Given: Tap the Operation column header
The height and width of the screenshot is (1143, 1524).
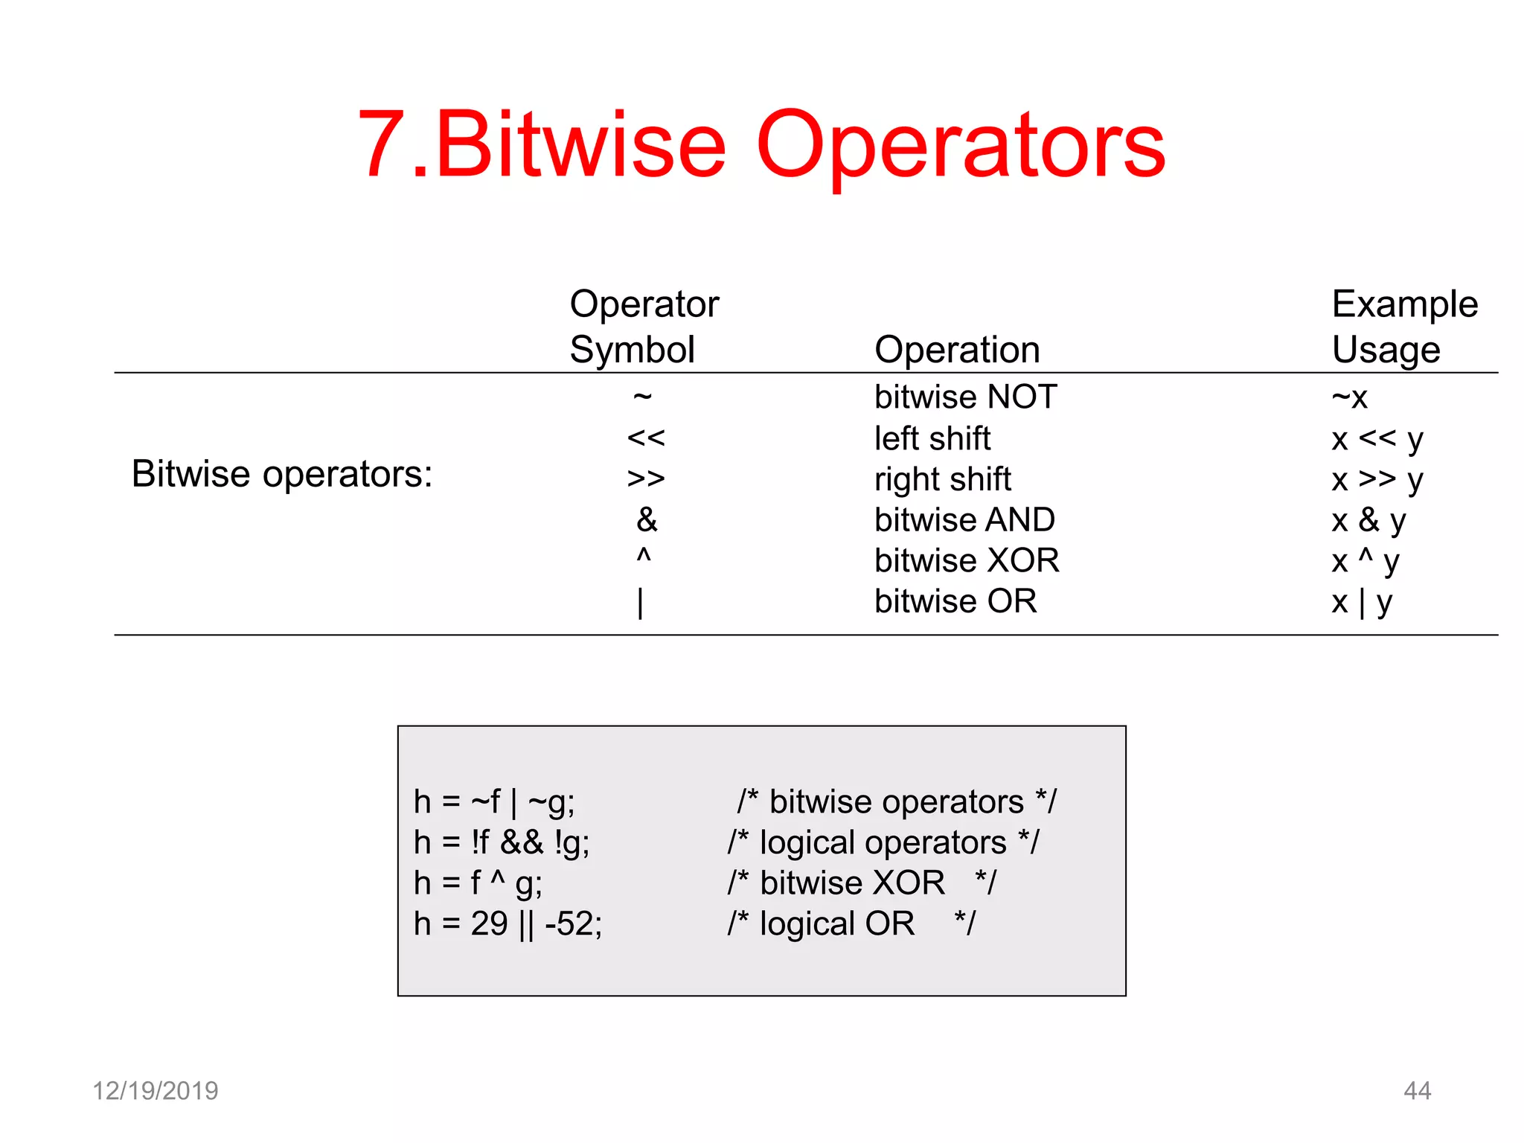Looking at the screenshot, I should point(957,349).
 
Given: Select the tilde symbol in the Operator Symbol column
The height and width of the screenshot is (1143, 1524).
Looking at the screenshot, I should point(643,396).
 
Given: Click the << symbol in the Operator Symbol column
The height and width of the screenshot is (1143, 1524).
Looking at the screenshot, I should point(646,438).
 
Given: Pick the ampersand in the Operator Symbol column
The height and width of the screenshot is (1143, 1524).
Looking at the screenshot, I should point(647,519).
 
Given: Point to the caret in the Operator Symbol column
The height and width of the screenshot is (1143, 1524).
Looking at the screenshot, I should point(644,557).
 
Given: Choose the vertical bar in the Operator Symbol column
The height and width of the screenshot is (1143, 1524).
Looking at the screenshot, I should point(640,602).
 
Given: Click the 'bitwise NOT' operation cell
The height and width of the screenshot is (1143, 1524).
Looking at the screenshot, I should point(965,397).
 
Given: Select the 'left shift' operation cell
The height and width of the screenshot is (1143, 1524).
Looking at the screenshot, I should point(932,438).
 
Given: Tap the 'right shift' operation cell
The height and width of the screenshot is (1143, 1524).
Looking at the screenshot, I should point(943,479).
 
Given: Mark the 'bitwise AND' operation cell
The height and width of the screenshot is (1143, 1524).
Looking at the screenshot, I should point(964,519).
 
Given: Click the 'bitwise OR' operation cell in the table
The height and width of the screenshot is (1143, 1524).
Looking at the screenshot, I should point(955,601).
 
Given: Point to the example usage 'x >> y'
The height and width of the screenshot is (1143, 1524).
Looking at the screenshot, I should point(1377,480).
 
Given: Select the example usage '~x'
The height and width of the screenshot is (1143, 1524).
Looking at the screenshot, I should point(1349,397).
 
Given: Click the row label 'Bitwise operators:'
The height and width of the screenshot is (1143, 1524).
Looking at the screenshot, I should point(282,474).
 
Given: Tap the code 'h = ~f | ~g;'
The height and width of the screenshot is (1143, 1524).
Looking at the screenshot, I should point(494,802).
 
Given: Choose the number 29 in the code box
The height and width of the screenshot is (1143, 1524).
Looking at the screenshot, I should point(489,923).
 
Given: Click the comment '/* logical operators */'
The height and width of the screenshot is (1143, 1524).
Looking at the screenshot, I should point(883,842).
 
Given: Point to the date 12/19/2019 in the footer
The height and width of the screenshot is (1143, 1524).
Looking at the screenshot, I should point(155,1091).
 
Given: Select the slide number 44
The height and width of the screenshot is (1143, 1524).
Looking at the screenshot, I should point(1417,1091).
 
